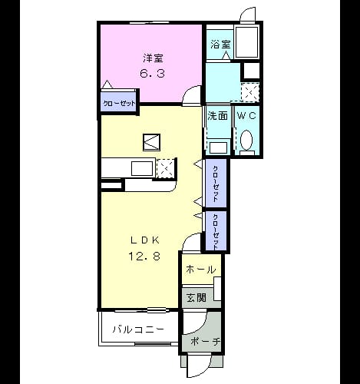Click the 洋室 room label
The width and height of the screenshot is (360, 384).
tap(153, 58)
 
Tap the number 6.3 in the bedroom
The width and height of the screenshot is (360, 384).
tap(152, 74)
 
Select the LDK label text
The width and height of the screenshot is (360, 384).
tap(145, 240)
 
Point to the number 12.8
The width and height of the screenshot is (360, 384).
tap(144, 256)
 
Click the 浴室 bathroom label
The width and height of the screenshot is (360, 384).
tap(220, 45)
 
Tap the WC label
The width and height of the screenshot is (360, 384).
tap(246, 116)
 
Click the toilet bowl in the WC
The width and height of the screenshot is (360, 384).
tap(246, 140)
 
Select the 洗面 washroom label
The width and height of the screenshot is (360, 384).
tap(217, 116)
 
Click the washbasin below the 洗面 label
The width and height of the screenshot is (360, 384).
tap(218, 147)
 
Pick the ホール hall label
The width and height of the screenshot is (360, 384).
tap(201, 270)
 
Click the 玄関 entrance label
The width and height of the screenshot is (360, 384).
tap(197, 297)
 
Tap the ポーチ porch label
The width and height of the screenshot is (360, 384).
tap(206, 341)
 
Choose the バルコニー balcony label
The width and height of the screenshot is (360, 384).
tap(138, 329)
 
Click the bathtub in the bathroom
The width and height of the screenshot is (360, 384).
tap(246, 41)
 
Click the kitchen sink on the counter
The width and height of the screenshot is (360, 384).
tap(142, 168)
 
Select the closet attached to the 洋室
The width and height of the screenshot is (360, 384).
tap(118, 104)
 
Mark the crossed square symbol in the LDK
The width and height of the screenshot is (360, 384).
tap(151, 142)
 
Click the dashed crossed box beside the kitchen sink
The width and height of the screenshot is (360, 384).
tap(166, 168)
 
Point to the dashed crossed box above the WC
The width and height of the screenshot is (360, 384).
tap(250, 92)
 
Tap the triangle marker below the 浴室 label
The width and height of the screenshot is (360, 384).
tap(226, 55)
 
